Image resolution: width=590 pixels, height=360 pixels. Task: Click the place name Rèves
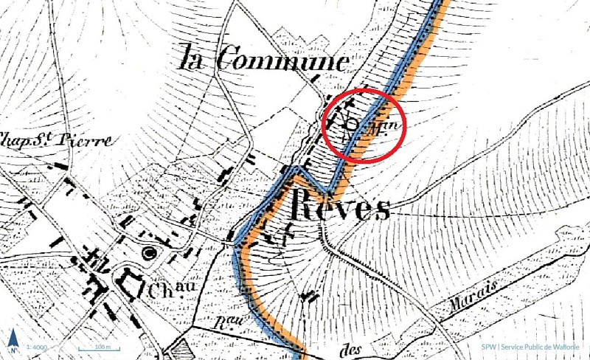[341, 204]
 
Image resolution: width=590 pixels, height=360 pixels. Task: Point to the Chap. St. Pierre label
[55, 139]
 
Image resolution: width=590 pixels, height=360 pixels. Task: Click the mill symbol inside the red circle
[353, 124]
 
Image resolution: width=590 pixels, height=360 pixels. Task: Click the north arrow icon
[13, 340]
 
